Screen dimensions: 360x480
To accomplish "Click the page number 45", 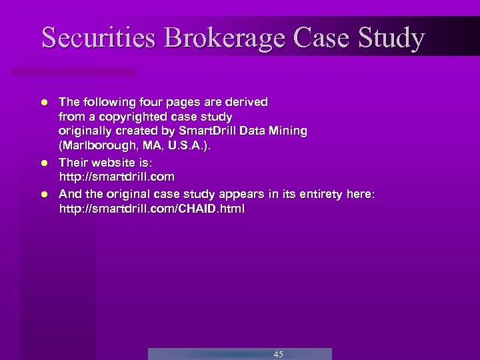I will [x=278, y=354].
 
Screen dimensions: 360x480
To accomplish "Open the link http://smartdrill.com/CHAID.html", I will [x=152, y=209].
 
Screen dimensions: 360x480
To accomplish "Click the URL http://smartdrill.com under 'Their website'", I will [x=117, y=177].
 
